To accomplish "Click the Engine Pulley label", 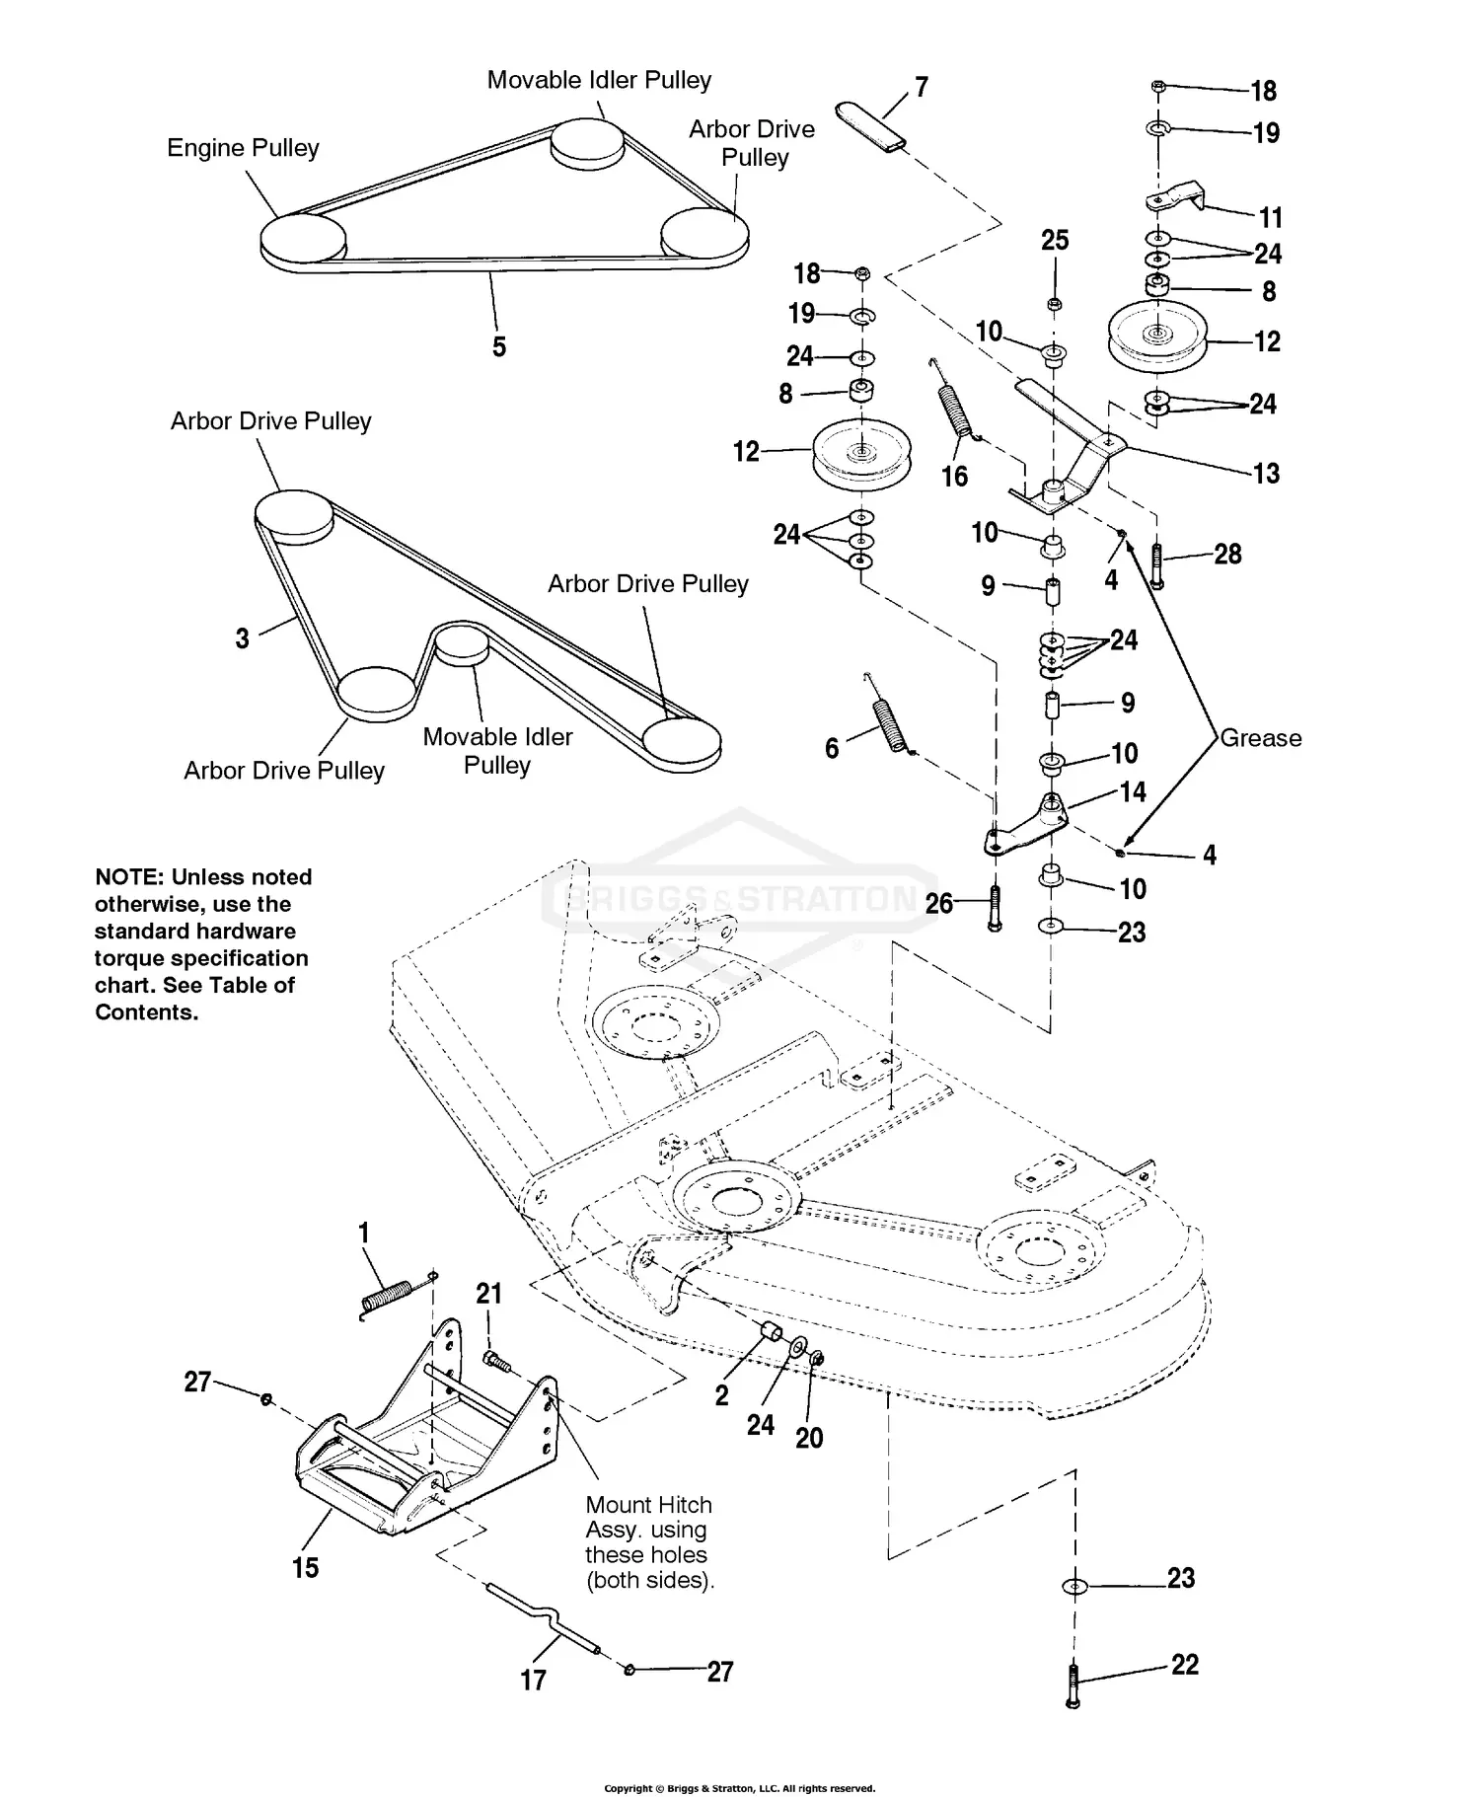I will pos(243,148).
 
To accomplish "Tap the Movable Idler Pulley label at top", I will pos(599,80).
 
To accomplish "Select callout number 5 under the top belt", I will pos(499,346).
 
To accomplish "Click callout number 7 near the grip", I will pos(922,88).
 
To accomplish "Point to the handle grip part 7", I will pos(871,126).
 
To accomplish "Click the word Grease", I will pos(1260,738).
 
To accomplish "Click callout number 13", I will pos(1266,474).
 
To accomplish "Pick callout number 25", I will pos(1055,240).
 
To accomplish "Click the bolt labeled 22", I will pos(1073,1686).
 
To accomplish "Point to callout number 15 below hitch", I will pos(306,1567).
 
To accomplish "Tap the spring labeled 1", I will pos(387,1298).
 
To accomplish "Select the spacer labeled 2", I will pos(769,1334).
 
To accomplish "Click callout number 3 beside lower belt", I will pos(243,638).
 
